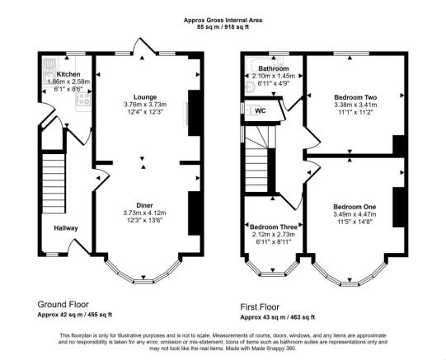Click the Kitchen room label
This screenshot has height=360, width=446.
(x=68, y=74)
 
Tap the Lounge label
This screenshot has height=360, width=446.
(x=145, y=97)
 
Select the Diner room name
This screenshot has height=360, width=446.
(x=144, y=205)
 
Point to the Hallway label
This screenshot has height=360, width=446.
(x=66, y=228)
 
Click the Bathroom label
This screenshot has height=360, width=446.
(x=274, y=68)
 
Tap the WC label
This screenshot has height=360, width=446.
(x=261, y=110)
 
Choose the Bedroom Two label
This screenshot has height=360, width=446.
(x=355, y=97)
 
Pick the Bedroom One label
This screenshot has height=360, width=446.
(x=354, y=207)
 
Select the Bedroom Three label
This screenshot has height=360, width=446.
(x=274, y=227)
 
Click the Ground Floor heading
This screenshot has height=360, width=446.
(x=63, y=305)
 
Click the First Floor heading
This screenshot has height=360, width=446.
(x=260, y=307)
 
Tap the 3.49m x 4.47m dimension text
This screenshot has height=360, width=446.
(x=354, y=214)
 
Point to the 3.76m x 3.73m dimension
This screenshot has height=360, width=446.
(x=145, y=105)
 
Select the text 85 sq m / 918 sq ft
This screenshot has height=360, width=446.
(x=223, y=27)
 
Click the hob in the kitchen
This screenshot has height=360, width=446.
(x=83, y=100)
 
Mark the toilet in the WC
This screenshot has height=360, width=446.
(x=251, y=110)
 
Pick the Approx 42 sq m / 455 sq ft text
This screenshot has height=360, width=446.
(x=75, y=315)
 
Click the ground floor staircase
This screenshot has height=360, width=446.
(x=54, y=183)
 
